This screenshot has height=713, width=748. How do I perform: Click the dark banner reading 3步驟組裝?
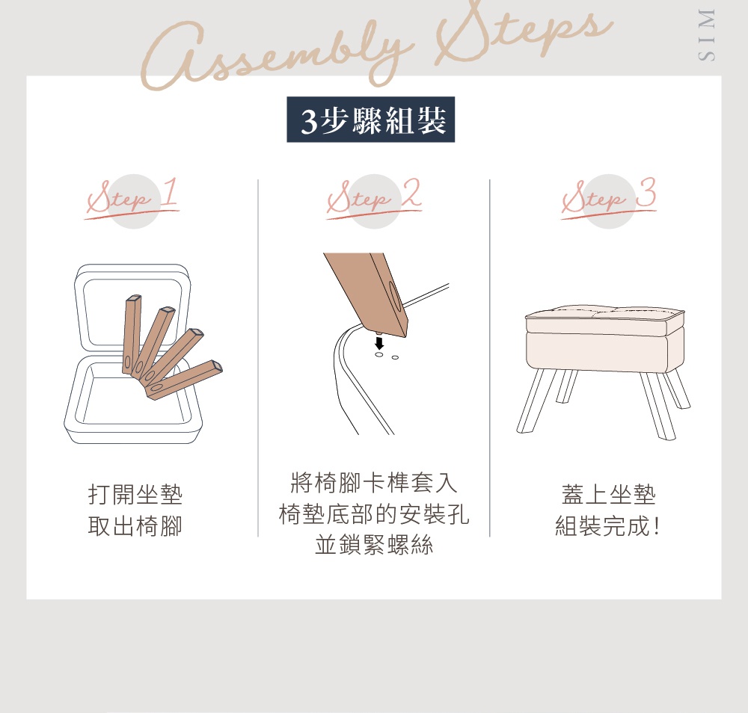[x=371, y=120]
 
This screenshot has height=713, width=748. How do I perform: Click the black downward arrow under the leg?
[x=379, y=343]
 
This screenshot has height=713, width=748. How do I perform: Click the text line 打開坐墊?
[x=135, y=495]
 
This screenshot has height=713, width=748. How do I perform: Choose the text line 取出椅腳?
[x=135, y=527]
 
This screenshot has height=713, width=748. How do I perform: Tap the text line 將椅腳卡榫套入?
[x=373, y=482]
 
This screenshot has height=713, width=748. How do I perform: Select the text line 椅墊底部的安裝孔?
[x=373, y=514]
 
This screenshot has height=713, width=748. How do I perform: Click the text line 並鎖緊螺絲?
[x=373, y=546]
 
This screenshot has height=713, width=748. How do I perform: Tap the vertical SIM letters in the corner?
[x=705, y=35]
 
